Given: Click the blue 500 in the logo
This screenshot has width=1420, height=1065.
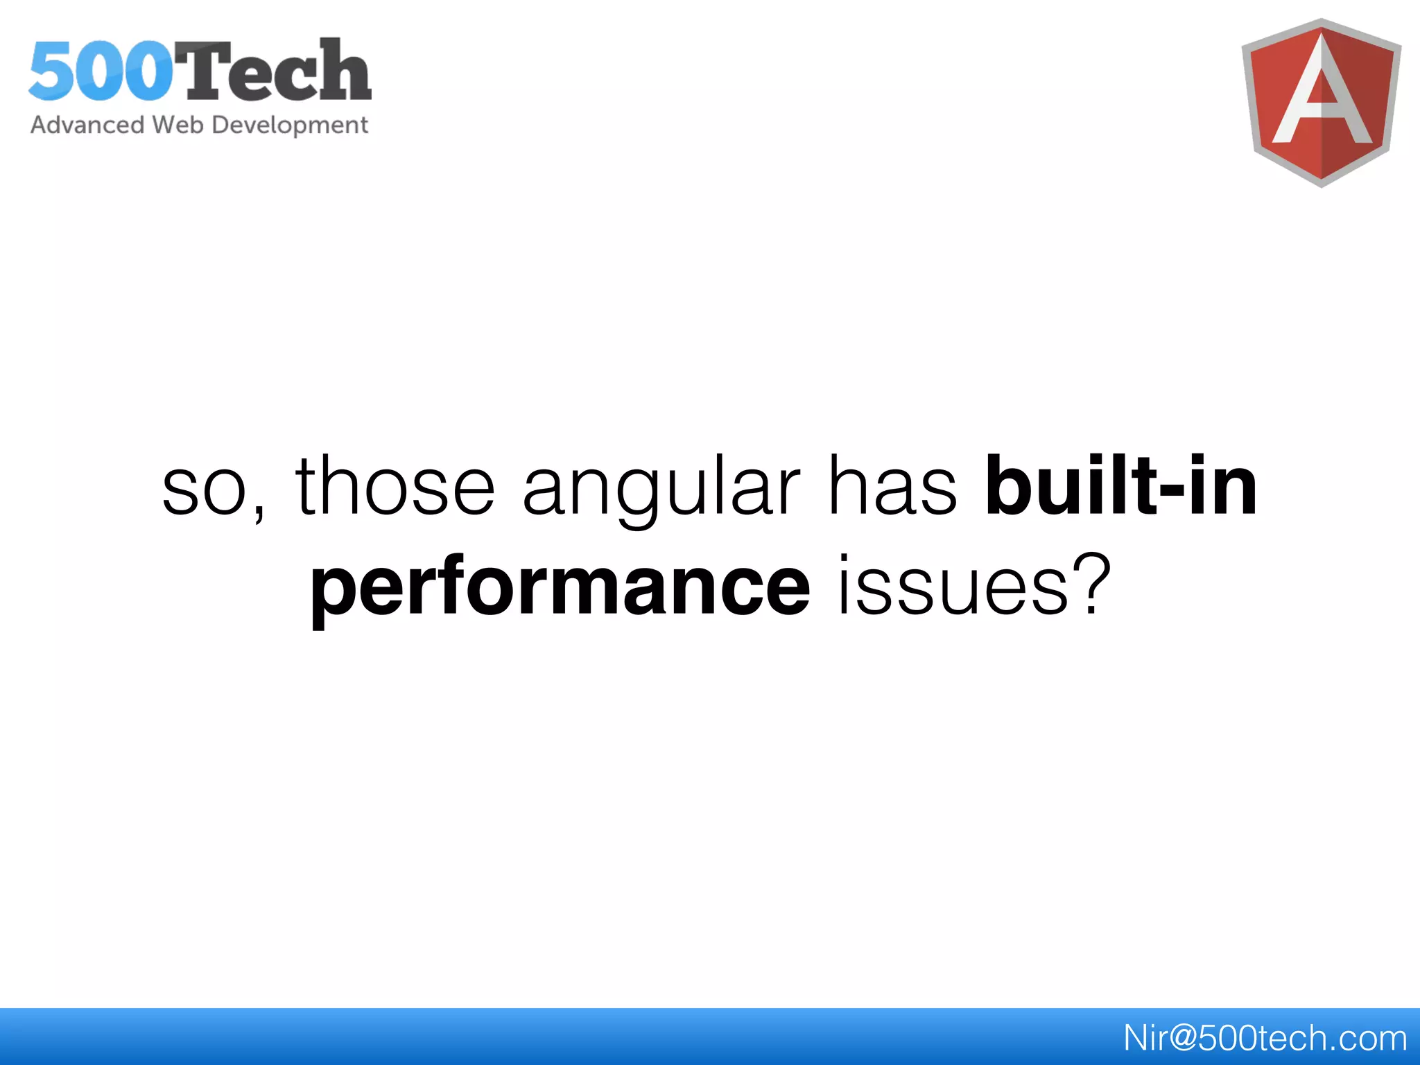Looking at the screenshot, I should pos(101,71).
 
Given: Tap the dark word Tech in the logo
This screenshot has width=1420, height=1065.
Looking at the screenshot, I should pos(273,70).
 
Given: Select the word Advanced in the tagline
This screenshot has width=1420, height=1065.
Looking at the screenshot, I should pos(87,125).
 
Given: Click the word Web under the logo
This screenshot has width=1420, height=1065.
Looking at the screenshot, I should pos(177,125).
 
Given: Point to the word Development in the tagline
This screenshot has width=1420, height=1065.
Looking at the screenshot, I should pos(290,125).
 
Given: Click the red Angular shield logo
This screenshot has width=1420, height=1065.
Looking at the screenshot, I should pos(1321,103).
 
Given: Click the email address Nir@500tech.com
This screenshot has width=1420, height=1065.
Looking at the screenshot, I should pos(1265,1038).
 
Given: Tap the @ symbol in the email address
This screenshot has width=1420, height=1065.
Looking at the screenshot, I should pos(1178,1039).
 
